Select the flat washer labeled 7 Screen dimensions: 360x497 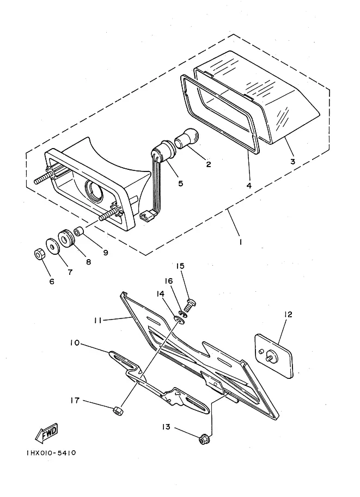point(53,246)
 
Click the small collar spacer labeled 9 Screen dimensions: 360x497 point(78,232)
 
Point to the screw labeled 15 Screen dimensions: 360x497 point(190,304)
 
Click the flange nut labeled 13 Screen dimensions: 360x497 point(203,440)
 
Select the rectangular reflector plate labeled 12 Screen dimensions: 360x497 point(274,355)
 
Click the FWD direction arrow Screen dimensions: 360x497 point(46,433)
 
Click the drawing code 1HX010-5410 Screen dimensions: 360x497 point(51,452)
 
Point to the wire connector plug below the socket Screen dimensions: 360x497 point(146,217)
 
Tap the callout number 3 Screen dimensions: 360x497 point(293,161)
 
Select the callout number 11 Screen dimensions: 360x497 point(97,321)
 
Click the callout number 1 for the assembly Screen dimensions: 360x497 point(241,242)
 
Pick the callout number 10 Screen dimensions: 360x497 point(75,343)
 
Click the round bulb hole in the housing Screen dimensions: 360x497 point(93,191)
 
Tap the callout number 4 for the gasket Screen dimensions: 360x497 point(249,186)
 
